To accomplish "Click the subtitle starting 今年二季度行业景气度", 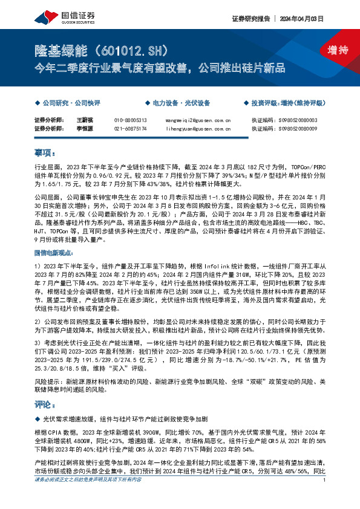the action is point(159,67).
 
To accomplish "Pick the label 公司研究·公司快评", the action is point(65,103).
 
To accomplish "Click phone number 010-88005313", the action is point(131,120).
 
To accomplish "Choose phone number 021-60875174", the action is point(131,128).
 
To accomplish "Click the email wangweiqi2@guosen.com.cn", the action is point(198,120).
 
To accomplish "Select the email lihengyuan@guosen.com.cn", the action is point(198,128).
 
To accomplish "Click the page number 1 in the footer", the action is point(326,496).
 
